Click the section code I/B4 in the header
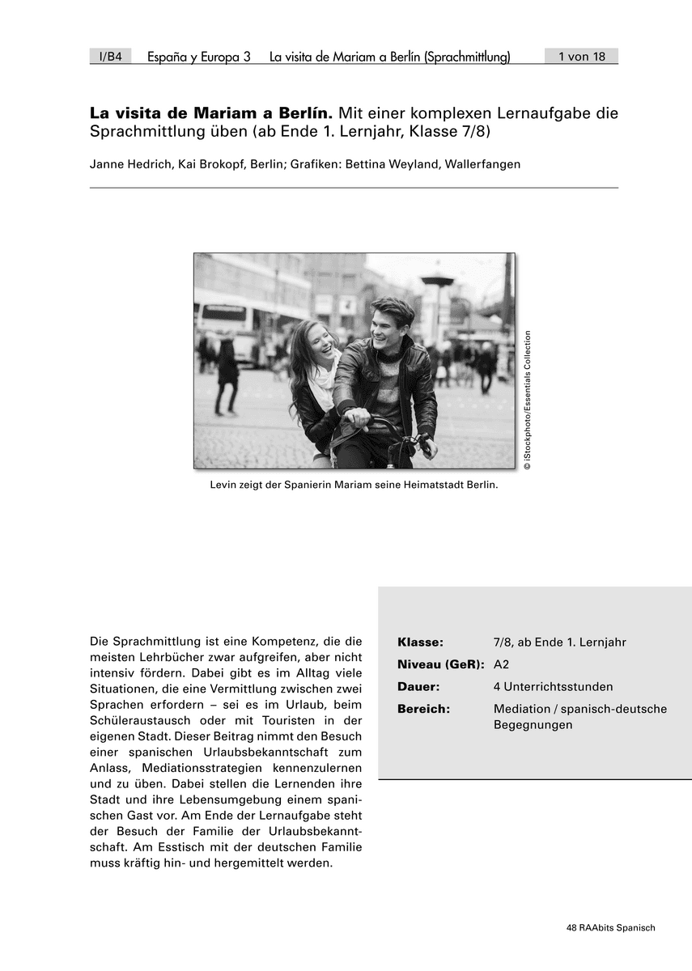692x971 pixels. pos(110,57)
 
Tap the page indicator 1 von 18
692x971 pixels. pos(581,57)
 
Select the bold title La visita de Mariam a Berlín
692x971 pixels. pos(211,112)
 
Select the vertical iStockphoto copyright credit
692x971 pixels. pos(527,401)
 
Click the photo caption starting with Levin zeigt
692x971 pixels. pos(354,486)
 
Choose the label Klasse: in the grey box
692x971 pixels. pos(420,642)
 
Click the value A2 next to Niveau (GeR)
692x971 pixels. pos(502,664)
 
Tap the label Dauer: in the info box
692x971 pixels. pos(418,686)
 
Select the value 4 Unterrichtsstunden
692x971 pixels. pos(553,686)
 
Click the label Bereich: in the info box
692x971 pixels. pos(423,709)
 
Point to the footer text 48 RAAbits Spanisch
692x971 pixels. pos(611,928)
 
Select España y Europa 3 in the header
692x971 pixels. pos(199,57)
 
